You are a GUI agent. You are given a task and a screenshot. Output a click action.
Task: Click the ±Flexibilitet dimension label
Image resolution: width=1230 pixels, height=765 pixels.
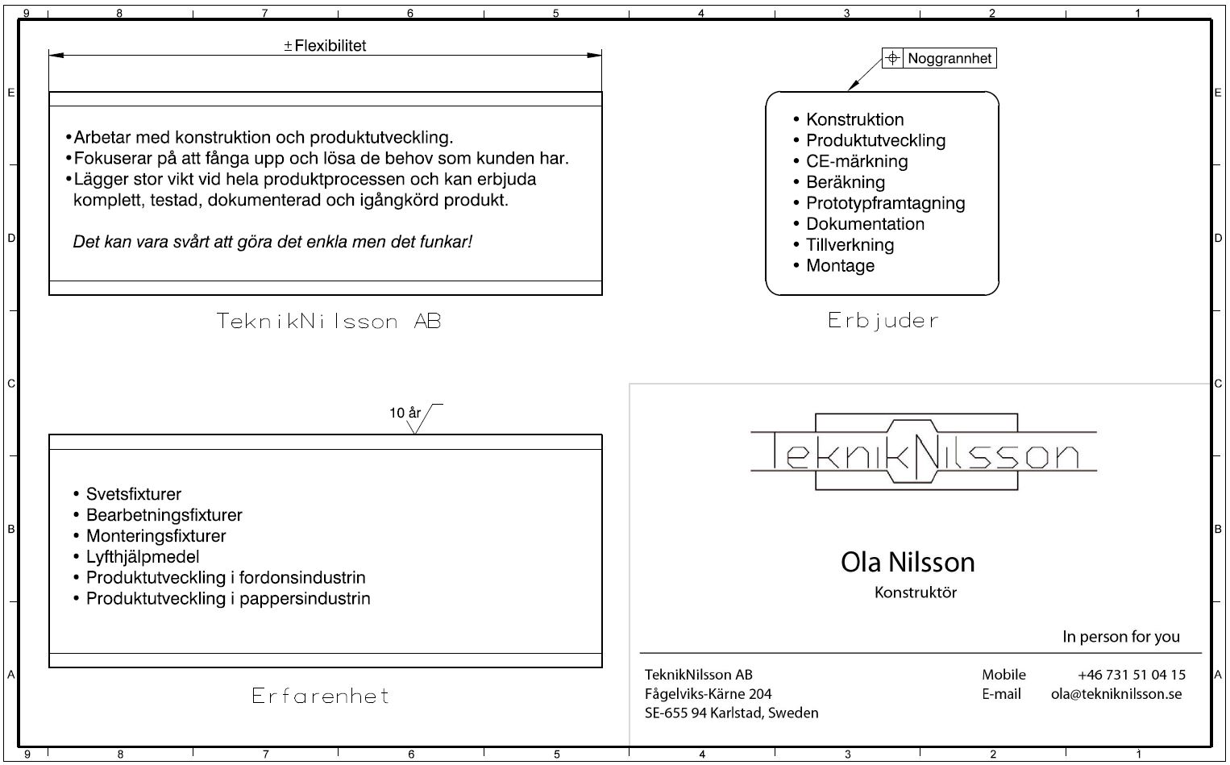[x=326, y=46]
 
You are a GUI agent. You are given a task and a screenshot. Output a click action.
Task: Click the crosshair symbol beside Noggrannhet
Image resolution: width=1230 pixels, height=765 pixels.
[x=892, y=58]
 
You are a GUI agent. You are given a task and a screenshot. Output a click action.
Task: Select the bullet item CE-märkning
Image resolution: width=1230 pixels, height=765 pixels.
[x=856, y=161]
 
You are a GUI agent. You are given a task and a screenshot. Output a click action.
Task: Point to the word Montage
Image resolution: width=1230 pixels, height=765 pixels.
[x=840, y=266]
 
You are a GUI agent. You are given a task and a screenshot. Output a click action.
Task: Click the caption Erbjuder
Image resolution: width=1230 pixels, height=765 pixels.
[x=883, y=321]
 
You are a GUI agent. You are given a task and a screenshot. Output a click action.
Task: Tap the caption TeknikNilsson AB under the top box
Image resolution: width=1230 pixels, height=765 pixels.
[x=329, y=322]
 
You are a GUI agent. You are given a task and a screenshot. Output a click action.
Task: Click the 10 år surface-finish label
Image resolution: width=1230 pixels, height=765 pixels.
[x=405, y=413]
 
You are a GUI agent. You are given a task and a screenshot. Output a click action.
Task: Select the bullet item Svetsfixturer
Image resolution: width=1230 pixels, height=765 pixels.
[x=133, y=494]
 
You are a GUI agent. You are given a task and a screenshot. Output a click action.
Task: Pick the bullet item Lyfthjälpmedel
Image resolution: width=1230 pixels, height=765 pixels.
[x=142, y=557]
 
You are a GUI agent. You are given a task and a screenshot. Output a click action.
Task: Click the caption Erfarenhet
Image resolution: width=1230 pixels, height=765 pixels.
[x=321, y=696]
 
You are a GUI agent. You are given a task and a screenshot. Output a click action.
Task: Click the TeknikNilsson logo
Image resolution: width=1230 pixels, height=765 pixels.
[x=923, y=452]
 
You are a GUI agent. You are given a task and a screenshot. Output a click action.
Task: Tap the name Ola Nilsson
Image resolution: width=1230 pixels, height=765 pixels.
[x=908, y=562]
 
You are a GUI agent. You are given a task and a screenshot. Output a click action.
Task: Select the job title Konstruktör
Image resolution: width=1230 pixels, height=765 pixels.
[x=916, y=592]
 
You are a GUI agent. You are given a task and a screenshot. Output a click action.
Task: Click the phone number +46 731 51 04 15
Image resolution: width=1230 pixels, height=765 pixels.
[x=1131, y=675]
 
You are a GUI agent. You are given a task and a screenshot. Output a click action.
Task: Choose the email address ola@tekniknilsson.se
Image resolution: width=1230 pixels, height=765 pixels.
[x=1116, y=694]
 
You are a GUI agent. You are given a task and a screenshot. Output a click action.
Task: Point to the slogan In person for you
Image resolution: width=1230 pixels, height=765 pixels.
[x=1120, y=637]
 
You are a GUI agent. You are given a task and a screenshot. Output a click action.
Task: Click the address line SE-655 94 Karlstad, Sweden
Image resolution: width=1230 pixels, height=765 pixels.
[x=731, y=713]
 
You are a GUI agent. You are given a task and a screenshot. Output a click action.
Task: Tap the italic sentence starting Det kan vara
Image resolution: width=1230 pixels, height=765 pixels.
[x=272, y=242]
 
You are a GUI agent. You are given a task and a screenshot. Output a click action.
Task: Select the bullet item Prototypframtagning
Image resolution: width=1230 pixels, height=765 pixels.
[x=885, y=203]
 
